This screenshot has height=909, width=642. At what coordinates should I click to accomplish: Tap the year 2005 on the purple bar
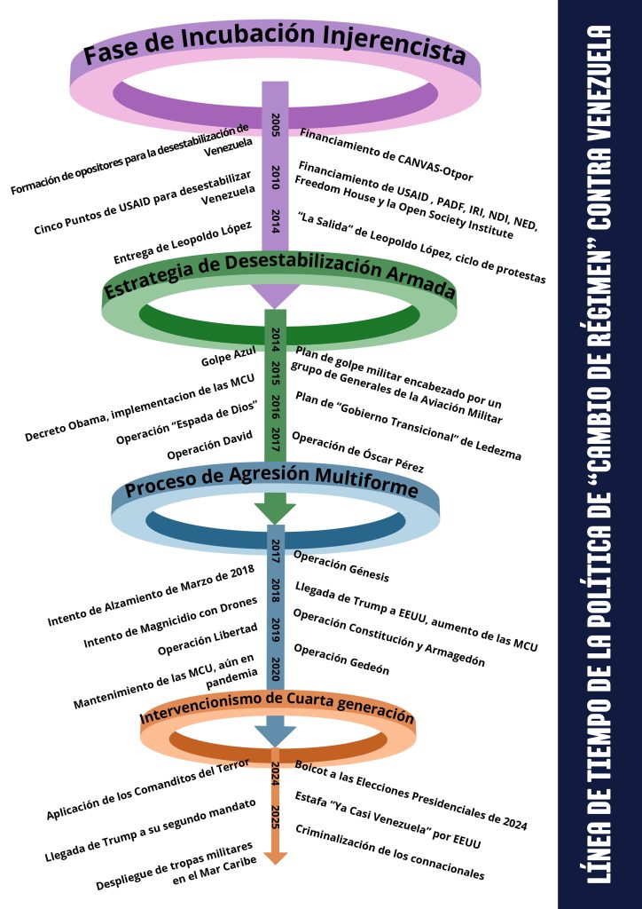[x=276, y=123]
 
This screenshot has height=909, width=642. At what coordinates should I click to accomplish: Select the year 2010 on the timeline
[x=276, y=174]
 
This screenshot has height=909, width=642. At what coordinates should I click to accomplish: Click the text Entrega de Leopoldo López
[x=185, y=246]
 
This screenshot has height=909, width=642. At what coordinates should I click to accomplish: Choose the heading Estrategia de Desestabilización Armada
[x=279, y=277]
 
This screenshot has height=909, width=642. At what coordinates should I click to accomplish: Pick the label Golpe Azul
[x=229, y=357]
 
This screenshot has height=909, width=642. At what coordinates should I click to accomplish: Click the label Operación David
[x=211, y=445]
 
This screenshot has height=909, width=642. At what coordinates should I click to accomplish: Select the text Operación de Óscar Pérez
[x=357, y=451]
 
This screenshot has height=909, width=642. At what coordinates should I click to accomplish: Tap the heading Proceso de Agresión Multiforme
[x=271, y=482]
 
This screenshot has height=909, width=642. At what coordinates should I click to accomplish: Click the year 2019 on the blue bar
[x=276, y=628]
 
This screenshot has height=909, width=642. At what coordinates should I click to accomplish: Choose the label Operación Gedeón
[x=341, y=659]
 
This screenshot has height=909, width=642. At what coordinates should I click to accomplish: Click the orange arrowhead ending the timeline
[x=276, y=856]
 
